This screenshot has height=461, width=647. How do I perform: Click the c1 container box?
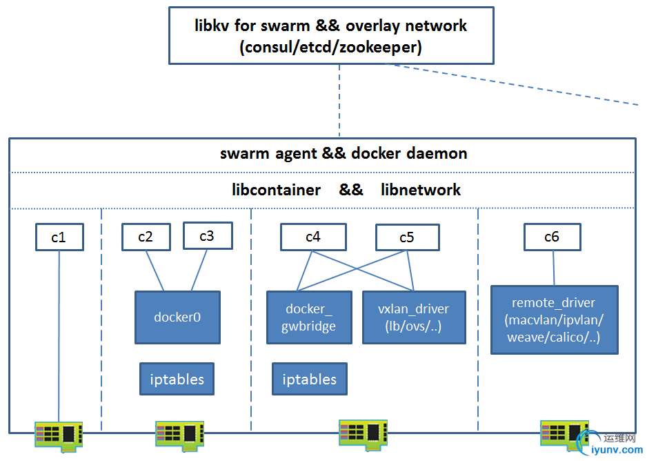(x=59, y=237)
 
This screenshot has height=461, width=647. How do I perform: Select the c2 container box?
(x=146, y=237)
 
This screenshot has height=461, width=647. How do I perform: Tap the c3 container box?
(x=207, y=236)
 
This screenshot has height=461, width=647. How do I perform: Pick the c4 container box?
(x=312, y=237)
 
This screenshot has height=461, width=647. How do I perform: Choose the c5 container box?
(x=407, y=237)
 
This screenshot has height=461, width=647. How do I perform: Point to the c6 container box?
(x=552, y=237)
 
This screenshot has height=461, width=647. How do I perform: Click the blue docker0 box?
(x=177, y=317)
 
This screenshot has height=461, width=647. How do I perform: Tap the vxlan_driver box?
(x=414, y=317)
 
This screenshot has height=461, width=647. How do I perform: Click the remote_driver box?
(x=554, y=320)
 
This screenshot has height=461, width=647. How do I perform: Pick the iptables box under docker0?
(x=177, y=379)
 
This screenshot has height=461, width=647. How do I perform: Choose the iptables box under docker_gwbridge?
(x=310, y=379)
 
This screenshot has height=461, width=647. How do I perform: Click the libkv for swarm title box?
(x=330, y=36)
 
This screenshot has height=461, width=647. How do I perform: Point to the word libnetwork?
(x=421, y=190)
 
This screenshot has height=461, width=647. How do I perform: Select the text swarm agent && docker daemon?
(x=344, y=153)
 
